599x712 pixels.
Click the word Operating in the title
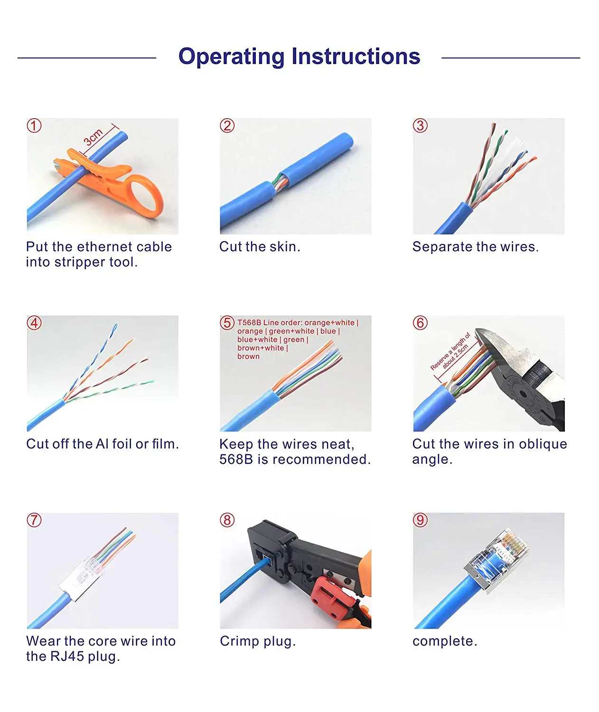click(x=231, y=57)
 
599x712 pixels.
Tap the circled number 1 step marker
click(x=34, y=126)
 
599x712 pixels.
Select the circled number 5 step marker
click(x=227, y=323)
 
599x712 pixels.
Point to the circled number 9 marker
click(x=420, y=520)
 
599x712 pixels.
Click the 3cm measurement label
click(x=93, y=137)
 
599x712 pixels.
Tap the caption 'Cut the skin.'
click(x=260, y=247)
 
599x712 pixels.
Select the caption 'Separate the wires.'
click(x=475, y=247)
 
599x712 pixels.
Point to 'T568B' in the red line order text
click(x=249, y=323)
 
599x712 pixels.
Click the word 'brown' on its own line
click(x=248, y=356)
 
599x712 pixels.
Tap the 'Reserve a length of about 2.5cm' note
click(x=450, y=351)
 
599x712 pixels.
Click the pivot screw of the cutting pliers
click(x=523, y=393)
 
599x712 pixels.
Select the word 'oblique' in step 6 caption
click(x=543, y=444)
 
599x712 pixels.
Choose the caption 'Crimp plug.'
click(x=258, y=641)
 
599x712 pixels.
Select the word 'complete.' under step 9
click(x=445, y=641)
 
